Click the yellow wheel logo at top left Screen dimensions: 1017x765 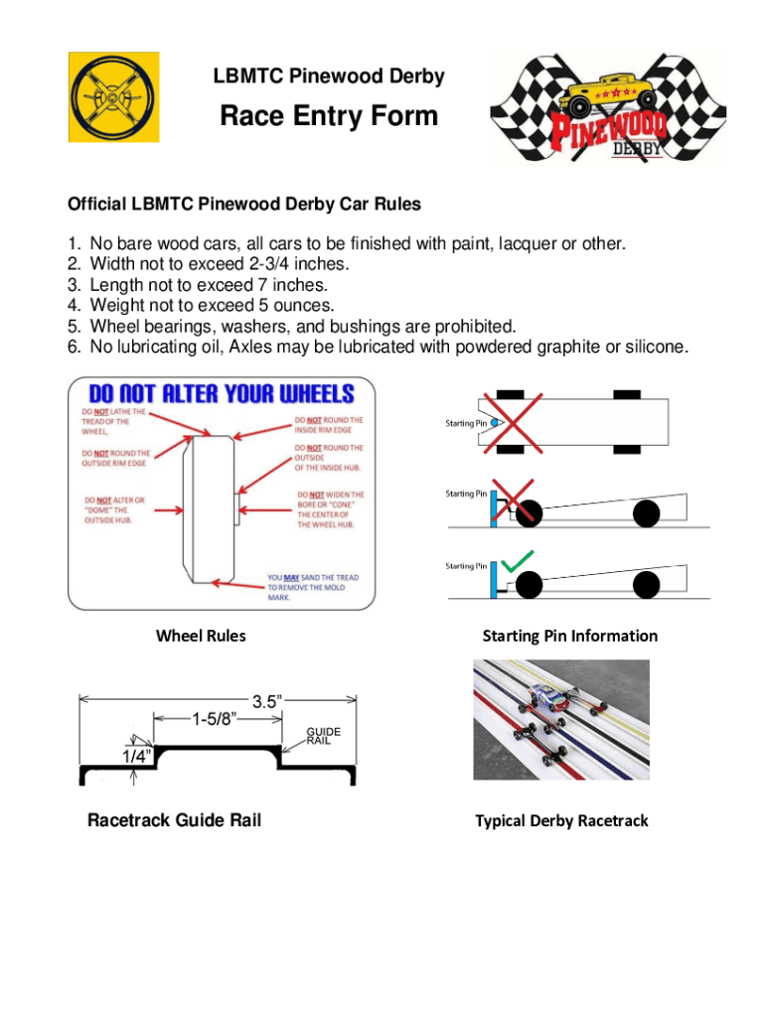[112, 96]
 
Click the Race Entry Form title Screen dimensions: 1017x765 [328, 116]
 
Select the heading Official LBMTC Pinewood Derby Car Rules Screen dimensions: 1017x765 [243, 205]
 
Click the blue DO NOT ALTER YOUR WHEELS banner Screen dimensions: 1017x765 [221, 392]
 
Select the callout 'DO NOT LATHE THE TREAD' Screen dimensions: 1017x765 [114, 421]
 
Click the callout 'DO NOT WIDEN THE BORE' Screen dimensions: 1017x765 [330, 508]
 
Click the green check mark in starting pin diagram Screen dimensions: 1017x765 [519, 562]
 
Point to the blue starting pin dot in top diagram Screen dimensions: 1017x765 [494, 423]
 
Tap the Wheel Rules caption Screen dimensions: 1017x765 [201, 636]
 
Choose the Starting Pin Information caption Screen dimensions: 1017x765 [569, 636]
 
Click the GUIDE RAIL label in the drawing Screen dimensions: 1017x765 [323, 736]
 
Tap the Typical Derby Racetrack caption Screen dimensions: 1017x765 [561, 820]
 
